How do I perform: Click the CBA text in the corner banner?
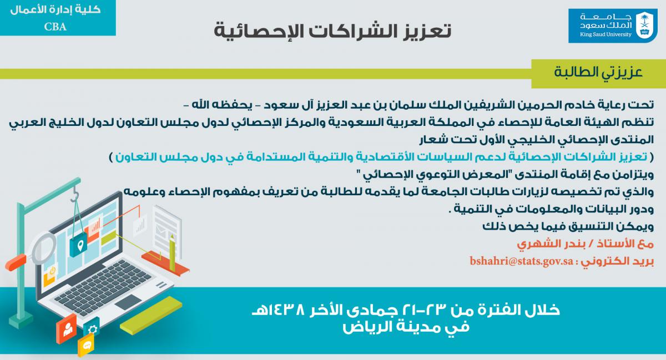[56, 27]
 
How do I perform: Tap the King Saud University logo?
[613, 26]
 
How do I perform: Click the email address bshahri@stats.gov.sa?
[521, 261]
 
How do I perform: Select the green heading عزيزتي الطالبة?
[598, 73]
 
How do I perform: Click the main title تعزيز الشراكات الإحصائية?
[332, 31]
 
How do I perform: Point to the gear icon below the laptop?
[93, 329]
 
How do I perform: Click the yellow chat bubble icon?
[86, 345]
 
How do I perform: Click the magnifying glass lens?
[44, 247]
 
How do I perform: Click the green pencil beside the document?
[172, 253]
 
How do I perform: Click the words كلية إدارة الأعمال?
[56, 10]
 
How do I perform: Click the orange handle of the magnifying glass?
[16, 262]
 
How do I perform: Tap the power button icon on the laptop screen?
[52, 271]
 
